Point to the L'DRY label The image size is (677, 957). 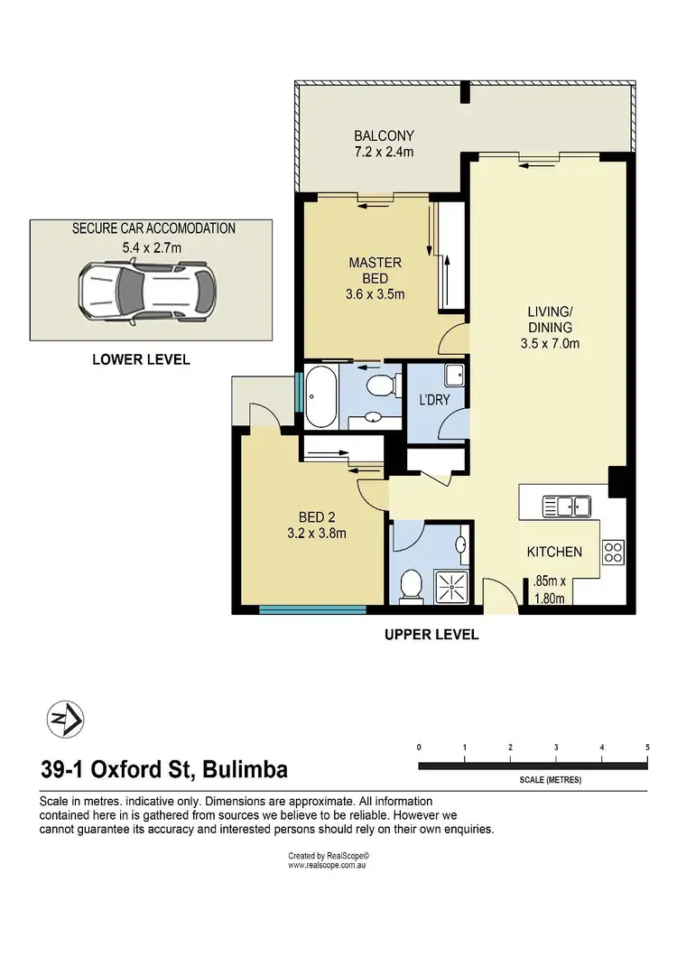(x=436, y=399)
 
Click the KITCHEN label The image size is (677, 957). (x=554, y=552)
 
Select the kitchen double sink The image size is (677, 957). (x=566, y=506)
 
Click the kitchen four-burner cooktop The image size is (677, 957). (x=613, y=551)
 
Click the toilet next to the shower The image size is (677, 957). (x=409, y=585)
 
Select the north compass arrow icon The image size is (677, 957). (x=64, y=720)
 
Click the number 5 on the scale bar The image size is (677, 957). (x=647, y=748)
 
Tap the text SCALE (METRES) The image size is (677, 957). (x=550, y=780)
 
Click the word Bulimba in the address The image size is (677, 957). (x=245, y=770)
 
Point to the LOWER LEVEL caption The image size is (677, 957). (x=141, y=359)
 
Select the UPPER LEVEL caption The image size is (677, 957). (x=431, y=635)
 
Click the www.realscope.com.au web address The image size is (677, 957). (x=327, y=865)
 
